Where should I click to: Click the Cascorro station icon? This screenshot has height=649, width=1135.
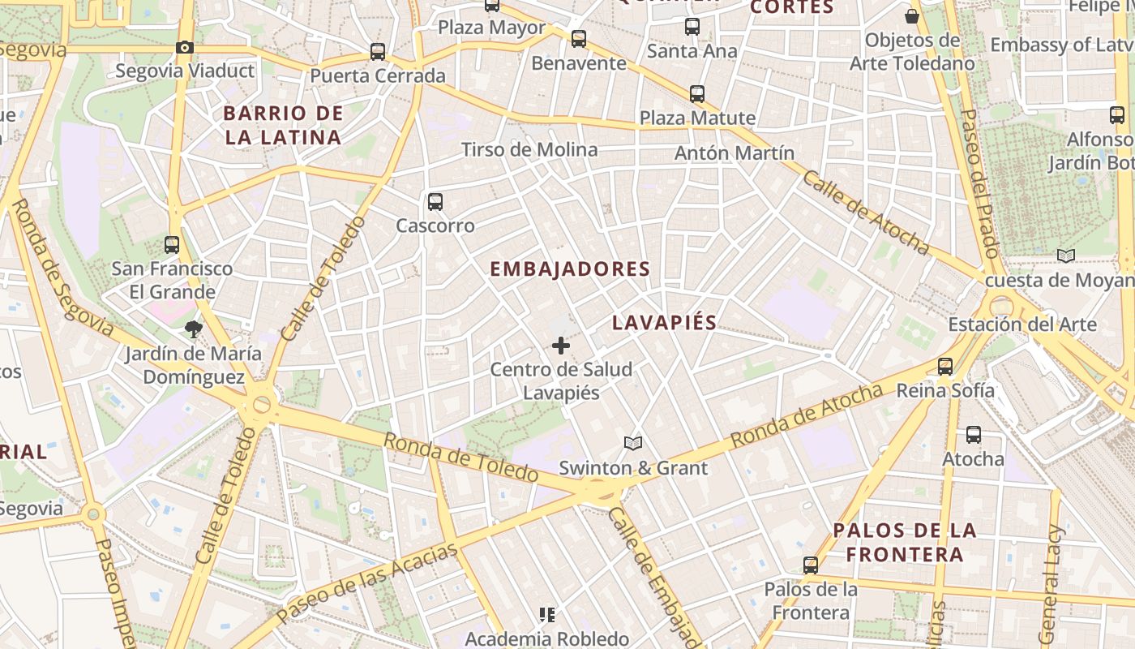(x=435, y=202)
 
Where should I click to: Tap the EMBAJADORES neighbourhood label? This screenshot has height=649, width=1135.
(x=570, y=269)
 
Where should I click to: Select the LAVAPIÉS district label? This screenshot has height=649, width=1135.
(x=664, y=323)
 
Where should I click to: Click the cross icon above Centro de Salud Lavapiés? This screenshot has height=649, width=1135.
(x=560, y=346)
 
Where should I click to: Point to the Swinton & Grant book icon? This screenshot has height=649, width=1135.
(x=633, y=443)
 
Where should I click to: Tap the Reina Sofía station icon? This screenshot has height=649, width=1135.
(x=945, y=366)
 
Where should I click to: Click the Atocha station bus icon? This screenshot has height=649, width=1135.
(x=974, y=435)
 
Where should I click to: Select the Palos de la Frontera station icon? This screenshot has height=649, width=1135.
(x=810, y=565)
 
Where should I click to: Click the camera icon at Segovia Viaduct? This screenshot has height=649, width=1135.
(x=185, y=47)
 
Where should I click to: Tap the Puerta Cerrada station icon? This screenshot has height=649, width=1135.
(x=378, y=52)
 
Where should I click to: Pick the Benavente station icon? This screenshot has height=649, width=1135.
(x=579, y=38)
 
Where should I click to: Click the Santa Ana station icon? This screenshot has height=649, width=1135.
(x=692, y=27)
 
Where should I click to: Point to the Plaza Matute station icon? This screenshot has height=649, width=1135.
(x=697, y=94)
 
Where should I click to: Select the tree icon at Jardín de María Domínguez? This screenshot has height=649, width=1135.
(x=193, y=329)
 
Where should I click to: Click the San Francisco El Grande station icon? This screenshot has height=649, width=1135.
(x=172, y=244)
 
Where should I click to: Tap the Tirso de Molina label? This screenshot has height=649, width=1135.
(x=529, y=149)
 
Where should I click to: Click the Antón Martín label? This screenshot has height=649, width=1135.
(x=735, y=153)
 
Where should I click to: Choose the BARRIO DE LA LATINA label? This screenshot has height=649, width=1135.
(x=283, y=125)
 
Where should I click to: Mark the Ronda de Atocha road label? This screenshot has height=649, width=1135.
(x=806, y=416)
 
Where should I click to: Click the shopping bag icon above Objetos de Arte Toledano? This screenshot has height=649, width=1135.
(x=912, y=16)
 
